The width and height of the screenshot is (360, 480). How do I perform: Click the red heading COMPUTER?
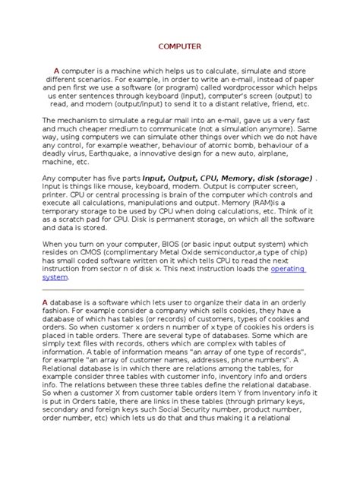point(179,46)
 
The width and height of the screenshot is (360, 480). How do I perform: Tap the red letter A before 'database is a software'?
point(46,302)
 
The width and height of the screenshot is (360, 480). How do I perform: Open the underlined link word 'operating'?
point(288,269)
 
